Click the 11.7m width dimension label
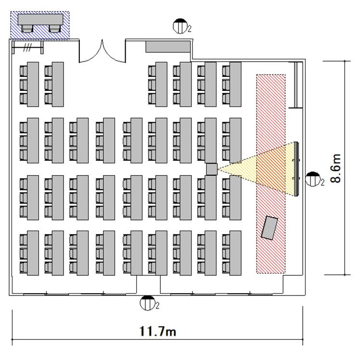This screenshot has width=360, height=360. [158, 331]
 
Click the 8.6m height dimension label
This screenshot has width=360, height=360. [335, 168]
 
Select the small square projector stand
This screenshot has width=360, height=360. [212, 169]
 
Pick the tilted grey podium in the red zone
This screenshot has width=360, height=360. [270, 228]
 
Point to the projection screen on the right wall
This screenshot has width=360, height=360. [296, 169]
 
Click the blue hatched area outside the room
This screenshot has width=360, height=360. [40, 25]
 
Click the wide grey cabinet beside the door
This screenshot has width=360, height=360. [168, 47]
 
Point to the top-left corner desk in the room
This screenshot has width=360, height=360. [33, 84]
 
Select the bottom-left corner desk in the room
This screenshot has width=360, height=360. [33, 253]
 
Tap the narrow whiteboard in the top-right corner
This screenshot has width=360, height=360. [296, 85]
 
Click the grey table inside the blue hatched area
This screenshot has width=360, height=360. [40, 20]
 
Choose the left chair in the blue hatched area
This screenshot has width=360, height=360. [27, 29]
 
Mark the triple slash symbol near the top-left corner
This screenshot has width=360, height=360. [27, 48]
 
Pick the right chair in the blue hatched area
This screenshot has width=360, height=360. [55, 29]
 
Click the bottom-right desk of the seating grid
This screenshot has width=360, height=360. [235, 253]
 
